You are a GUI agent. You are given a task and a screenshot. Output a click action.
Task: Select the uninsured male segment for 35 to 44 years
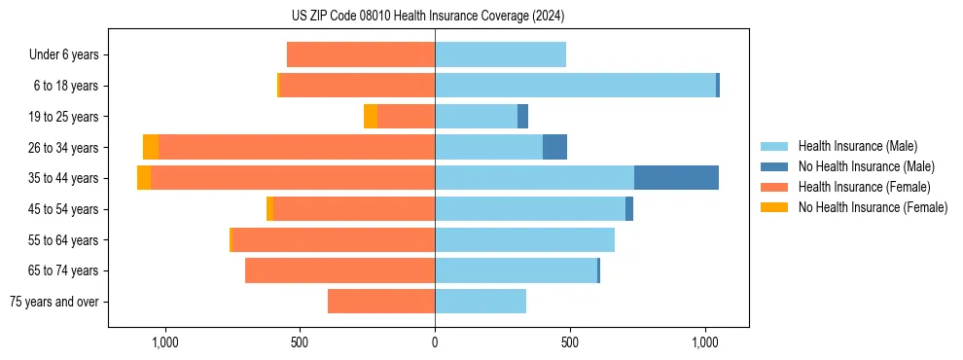click(676, 178)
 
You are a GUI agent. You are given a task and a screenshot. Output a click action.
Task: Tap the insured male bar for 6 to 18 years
click(575, 86)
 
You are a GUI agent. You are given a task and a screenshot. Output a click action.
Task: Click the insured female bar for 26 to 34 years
click(297, 147)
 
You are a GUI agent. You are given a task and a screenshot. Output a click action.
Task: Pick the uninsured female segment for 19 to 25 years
click(371, 117)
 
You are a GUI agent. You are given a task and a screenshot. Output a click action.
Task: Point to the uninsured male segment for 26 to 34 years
click(554, 147)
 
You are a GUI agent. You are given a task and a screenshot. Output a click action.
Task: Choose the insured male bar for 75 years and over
click(481, 302)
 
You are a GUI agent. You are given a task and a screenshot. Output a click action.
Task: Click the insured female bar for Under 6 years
click(361, 55)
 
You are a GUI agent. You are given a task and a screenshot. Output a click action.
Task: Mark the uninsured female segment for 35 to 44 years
click(144, 178)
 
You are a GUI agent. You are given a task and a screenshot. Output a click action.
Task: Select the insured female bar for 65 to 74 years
click(339, 270)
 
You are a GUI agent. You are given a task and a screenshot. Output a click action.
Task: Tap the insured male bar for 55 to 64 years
click(524, 239)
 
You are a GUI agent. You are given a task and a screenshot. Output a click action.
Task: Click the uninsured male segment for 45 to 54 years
click(629, 209)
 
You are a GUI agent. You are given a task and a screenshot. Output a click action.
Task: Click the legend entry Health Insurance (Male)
click(857, 146)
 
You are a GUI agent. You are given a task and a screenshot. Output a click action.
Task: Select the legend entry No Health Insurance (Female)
click(873, 207)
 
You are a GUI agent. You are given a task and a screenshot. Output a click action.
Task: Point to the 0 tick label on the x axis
click(435, 342)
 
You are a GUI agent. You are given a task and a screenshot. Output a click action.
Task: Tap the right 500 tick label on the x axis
click(570, 342)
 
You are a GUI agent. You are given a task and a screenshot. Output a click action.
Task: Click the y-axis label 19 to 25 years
click(65, 117)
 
